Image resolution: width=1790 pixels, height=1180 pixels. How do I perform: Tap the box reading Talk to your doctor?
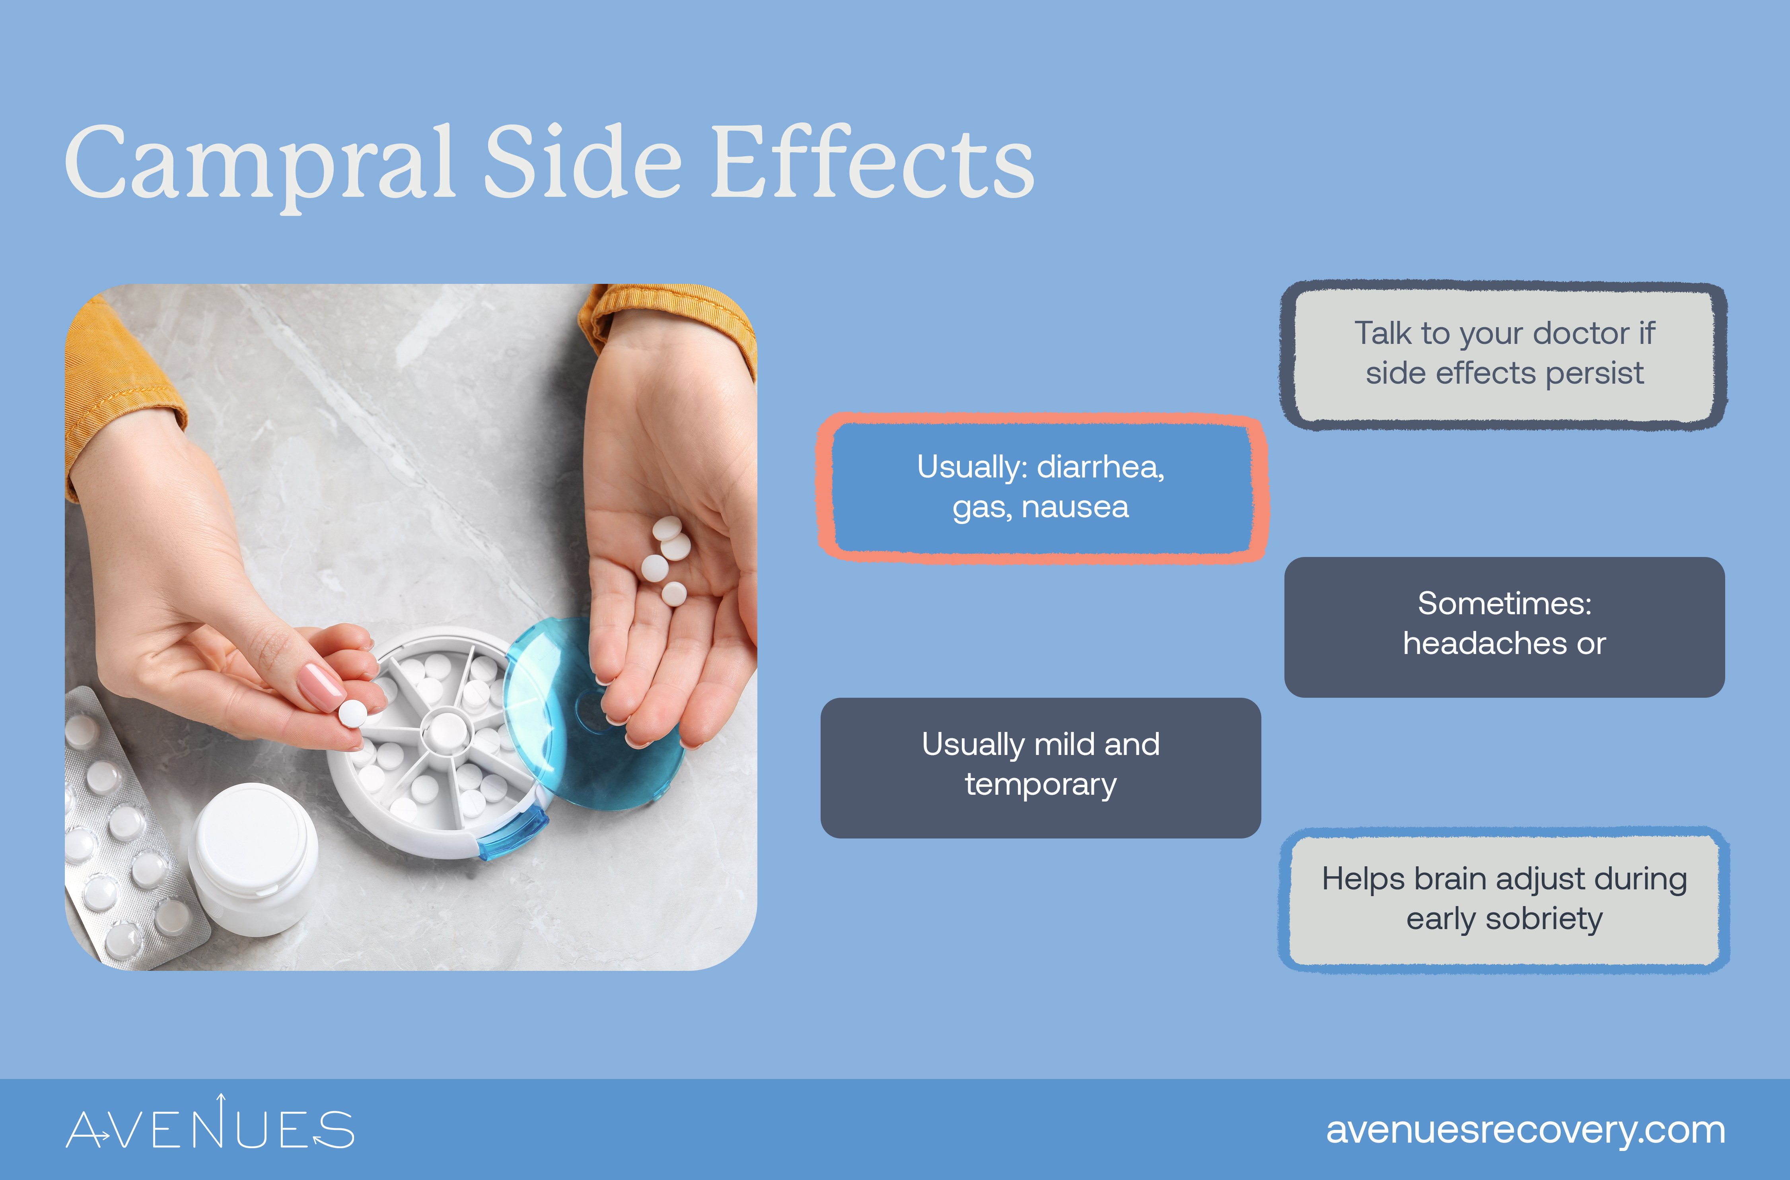(x=1504, y=355)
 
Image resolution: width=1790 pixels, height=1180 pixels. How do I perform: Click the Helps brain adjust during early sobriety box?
(x=1504, y=899)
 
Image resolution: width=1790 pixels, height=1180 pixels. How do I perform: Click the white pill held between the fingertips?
(x=352, y=713)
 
